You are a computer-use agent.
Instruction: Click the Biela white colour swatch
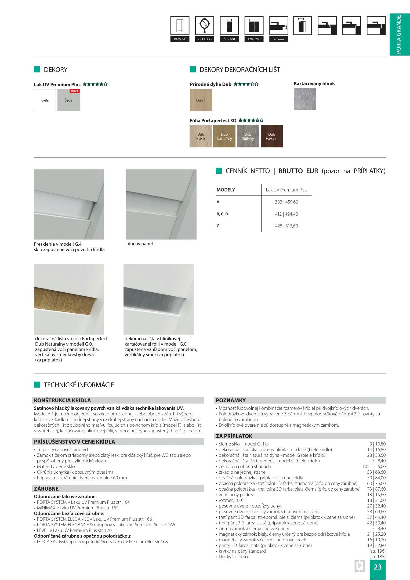pyautogui.click(x=45, y=100)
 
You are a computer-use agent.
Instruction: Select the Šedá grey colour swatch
pyautogui.click(x=68, y=101)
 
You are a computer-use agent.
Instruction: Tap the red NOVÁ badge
pyautogui.click(x=75, y=91)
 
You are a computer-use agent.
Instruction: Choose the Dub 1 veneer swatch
pyautogui.click(x=201, y=100)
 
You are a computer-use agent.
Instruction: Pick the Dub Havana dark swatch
pyautogui.click(x=271, y=136)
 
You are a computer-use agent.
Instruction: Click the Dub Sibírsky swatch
pyautogui.click(x=248, y=136)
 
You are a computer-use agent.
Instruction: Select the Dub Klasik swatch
pyautogui.click(x=201, y=136)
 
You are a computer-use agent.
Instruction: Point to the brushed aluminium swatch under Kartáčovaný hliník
pyautogui.click(x=305, y=99)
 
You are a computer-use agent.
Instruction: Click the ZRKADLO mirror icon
pyautogui.click(x=205, y=26)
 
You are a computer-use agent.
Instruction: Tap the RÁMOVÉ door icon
pyautogui.click(x=180, y=26)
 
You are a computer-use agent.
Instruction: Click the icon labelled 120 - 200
pyautogui.click(x=254, y=26)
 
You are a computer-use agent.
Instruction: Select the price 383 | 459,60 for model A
pyautogui.click(x=286, y=202)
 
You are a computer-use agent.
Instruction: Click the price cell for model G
pyautogui.click(x=286, y=226)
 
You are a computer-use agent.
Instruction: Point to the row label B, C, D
pyautogui.click(x=222, y=214)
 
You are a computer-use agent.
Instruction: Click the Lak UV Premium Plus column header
pyautogui.click(x=286, y=190)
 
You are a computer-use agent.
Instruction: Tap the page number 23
pyautogui.click(x=378, y=567)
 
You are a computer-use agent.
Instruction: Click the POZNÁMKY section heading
pyautogui.click(x=231, y=400)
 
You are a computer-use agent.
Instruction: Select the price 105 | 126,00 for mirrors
pyautogui.click(x=374, y=467)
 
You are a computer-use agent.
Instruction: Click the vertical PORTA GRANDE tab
pyautogui.click(x=399, y=34)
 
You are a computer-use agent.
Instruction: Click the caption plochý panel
pyautogui.click(x=139, y=244)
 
